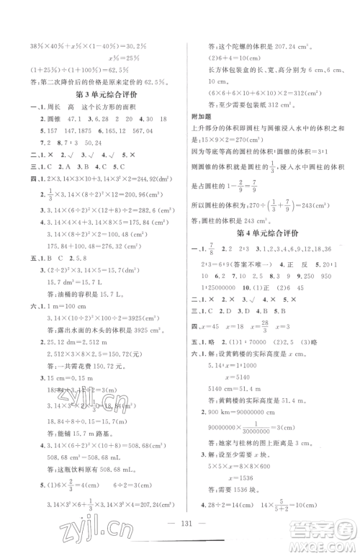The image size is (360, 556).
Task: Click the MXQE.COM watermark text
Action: pos(328,544)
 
